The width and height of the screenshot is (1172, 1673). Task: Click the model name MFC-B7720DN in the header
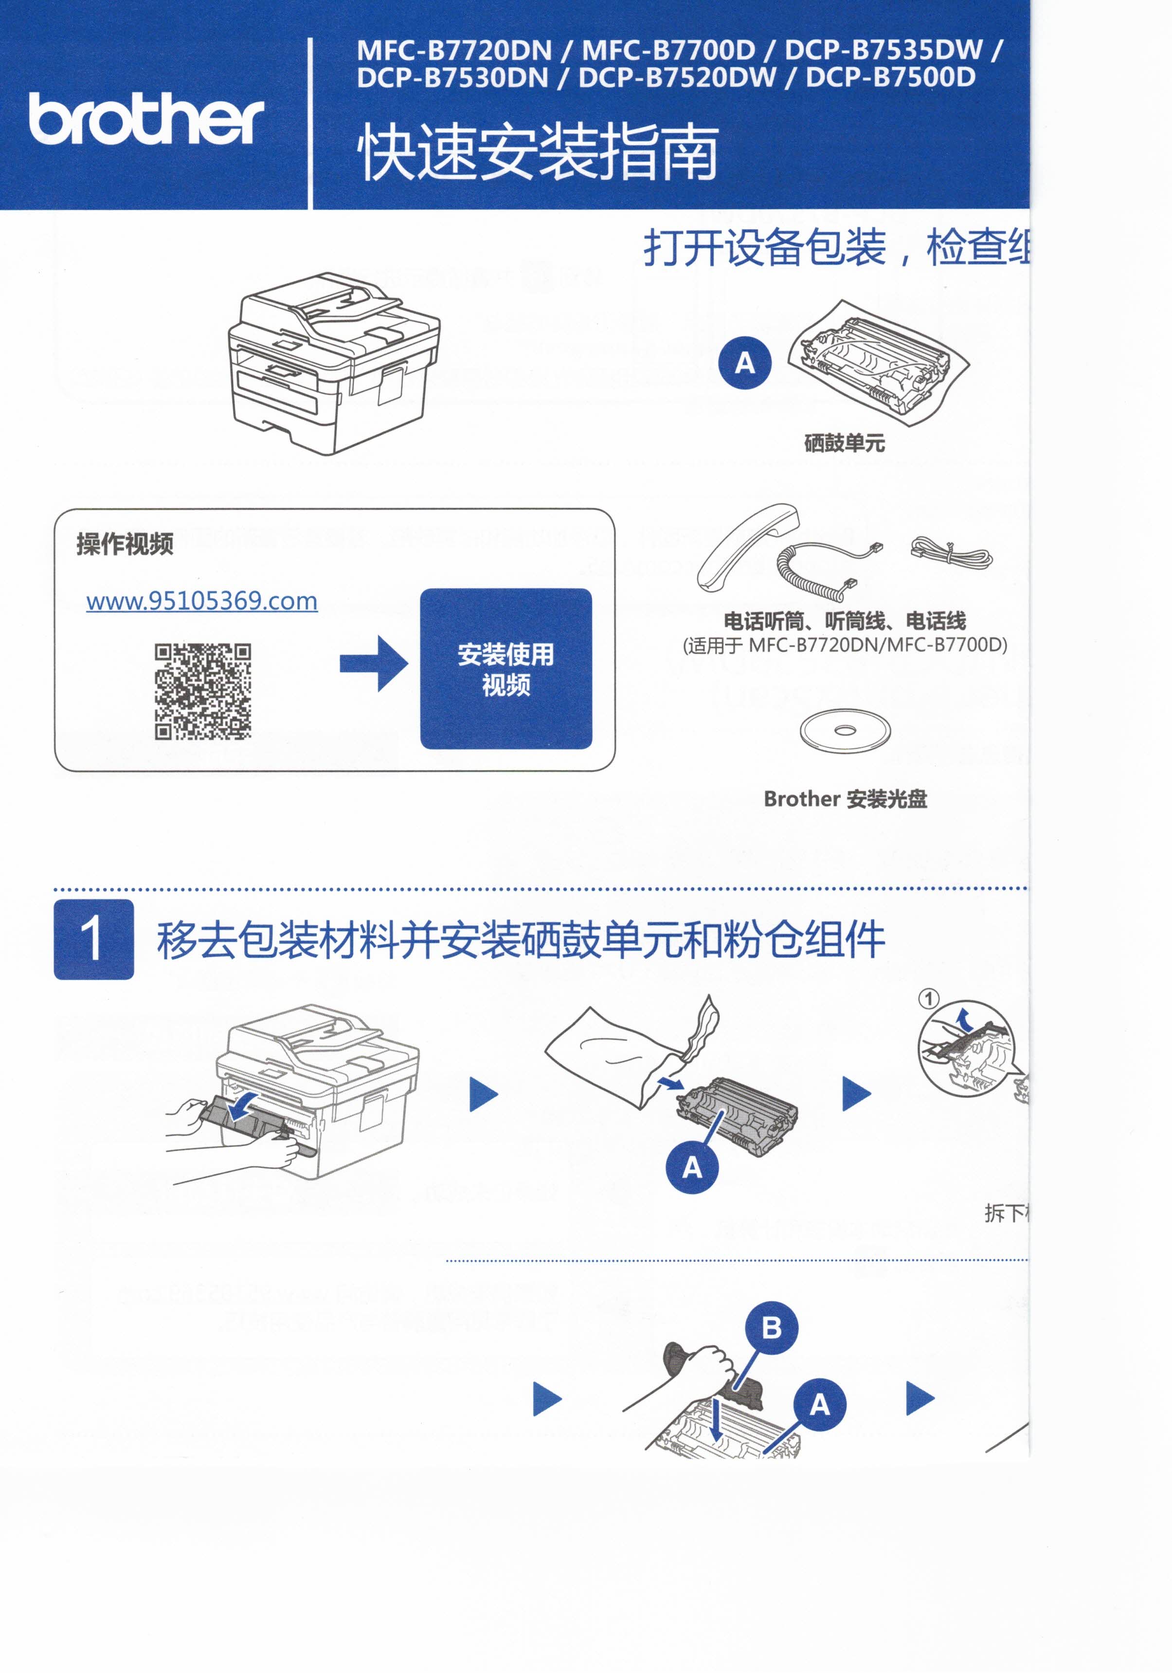(454, 50)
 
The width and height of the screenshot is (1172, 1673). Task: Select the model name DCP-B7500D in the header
(890, 77)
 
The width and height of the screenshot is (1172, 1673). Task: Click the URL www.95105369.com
(202, 601)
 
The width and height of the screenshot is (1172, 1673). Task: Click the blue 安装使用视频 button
(505, 669)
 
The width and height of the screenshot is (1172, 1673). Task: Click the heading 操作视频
(125, 544)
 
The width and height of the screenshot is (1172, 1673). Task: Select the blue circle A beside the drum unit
(744, 362)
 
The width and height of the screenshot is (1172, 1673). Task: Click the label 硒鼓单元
(844, 442)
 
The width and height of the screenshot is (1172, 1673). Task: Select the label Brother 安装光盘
(845, 799)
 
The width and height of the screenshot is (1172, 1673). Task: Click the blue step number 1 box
(94, 939)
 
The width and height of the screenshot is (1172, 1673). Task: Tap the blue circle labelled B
(772, 1327)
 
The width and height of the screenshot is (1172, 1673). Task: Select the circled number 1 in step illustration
(929, 998)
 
